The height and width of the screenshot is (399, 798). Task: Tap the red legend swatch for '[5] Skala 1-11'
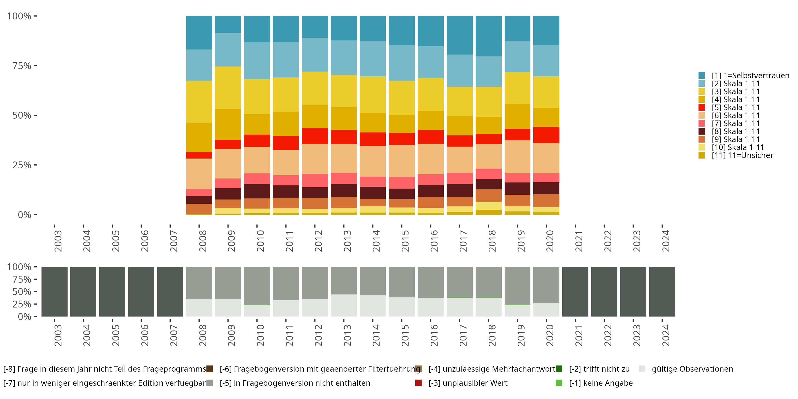click(702, 107)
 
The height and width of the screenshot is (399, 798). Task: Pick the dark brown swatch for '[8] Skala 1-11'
click(702, 131)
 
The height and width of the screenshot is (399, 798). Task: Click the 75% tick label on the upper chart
click(22, 66)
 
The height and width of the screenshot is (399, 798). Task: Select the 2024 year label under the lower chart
click(666, 335)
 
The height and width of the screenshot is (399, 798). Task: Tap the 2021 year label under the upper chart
click(579, 241)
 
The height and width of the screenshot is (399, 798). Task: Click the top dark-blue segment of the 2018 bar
click(489, 36)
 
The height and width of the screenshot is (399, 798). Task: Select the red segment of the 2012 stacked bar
click(315, 136)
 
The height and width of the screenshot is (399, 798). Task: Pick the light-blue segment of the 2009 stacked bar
click(228, 49)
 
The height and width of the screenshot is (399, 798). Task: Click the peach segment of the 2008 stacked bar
click(199, 174)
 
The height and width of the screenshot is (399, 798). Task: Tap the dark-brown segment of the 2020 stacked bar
click(546, 188)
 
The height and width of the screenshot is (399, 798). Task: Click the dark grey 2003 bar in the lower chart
click(55, 292)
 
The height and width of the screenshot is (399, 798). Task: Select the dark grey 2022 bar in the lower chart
click(604, 292)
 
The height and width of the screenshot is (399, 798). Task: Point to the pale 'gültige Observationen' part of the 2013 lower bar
click(344, 305)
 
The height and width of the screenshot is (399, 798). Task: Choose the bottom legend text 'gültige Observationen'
click(692, 369)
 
